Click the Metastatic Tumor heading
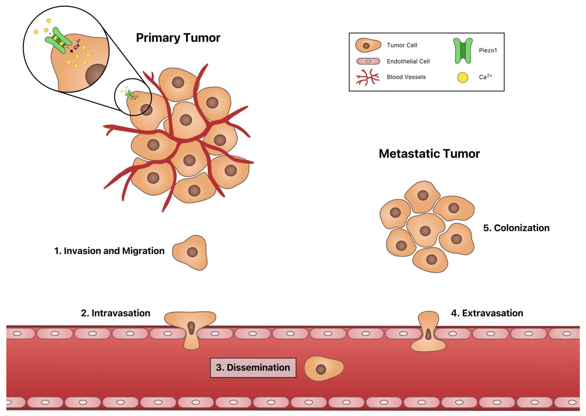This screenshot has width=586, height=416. pyautogui.click(x=429, y=154)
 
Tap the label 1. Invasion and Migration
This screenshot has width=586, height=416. pyautogui.click(x=109, y=251)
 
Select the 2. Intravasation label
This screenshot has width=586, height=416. pyautogui.click(x=115, y=313)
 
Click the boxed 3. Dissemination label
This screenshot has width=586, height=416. pyautogui.click(x=253, y=368)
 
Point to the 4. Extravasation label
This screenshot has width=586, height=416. pyautogui.click(x=487, y=313)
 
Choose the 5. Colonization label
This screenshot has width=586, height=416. pyautogui.click(x=516, y=228)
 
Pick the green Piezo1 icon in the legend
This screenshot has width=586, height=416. pyautogui.click(x=463, y=51)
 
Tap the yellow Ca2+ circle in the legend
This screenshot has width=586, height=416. pyautogui.click(x=463, y=77)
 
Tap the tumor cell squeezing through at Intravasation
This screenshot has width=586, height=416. pyautogui.click(x=191, y=328)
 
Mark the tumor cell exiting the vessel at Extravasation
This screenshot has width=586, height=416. pyautogui.click(x=428, y=333)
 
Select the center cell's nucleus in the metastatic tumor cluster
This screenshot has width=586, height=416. pyautogui.click(x=425, y=231)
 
